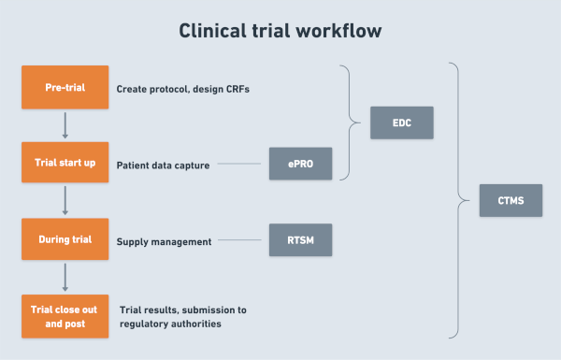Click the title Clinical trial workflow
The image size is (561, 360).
point(280,31)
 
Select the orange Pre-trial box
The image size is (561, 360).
point(64,88)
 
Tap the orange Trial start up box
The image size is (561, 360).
point(64,164)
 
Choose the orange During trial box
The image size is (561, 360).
point(64,240)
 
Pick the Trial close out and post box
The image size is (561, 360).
point(64,316)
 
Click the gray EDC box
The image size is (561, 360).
point(401,122)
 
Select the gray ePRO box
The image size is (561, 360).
point(300,164)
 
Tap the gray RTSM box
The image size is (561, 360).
point(300,240)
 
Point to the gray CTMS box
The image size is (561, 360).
point(510,199)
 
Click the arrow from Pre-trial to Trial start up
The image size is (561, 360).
point(64,125)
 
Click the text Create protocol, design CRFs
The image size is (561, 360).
point(181,90)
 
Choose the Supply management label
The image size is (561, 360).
point(164,242)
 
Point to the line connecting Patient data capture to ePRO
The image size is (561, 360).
point(240,166)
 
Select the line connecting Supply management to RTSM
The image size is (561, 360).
point(241,242)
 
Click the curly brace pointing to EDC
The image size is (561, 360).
point(353,122)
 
